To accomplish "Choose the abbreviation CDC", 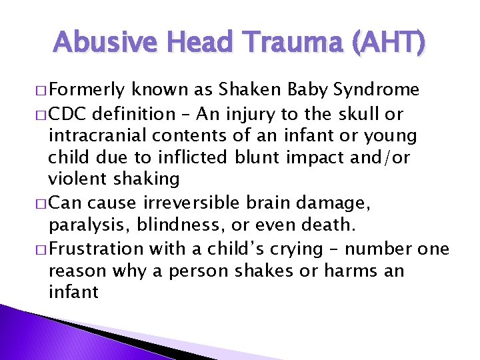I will (x=70, y=114).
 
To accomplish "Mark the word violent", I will (x=74, y=179).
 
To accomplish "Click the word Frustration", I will (x=95, y=249).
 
